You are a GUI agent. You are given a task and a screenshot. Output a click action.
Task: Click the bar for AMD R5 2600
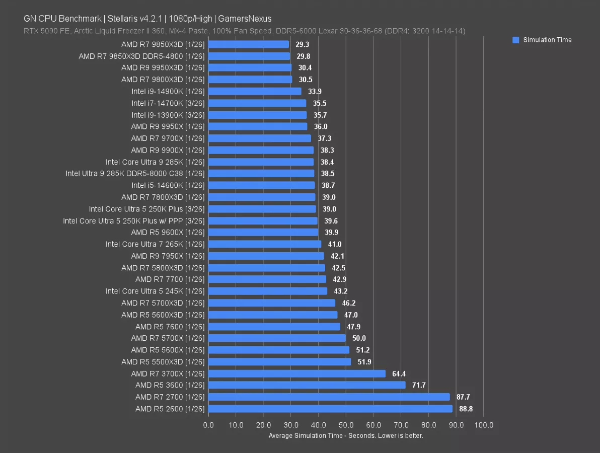[330, 409]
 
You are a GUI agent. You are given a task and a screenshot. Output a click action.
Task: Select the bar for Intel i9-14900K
[255, 91]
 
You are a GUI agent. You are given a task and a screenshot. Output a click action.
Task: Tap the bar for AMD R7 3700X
[296, 373]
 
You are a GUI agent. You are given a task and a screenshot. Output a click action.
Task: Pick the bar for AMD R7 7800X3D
[262, 197]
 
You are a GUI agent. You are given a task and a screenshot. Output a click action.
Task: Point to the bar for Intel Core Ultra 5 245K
[267, 291]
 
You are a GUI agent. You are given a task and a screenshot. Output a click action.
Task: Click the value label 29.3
[303, 44]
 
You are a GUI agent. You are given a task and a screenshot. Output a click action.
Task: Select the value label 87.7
[464, 397]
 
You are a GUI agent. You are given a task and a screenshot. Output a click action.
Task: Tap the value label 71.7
[419, 385]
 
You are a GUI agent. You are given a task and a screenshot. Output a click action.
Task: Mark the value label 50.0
[359, 338]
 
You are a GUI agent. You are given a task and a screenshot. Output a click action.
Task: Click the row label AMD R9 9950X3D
[163, 67]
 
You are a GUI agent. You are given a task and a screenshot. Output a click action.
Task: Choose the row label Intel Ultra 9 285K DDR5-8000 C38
[135, 174]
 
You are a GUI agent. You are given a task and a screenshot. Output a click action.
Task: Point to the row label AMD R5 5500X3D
[163, 362]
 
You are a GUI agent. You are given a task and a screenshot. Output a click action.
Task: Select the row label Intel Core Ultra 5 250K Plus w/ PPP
[133, 220]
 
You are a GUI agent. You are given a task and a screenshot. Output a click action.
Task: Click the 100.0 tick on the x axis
[483, 425]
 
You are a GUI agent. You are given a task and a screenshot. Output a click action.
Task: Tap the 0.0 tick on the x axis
[208, 425]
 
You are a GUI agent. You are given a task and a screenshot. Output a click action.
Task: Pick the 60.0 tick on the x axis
[373, 425]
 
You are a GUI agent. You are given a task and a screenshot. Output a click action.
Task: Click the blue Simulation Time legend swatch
[515, 40]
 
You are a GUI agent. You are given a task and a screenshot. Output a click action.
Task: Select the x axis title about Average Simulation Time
[346, 435]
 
